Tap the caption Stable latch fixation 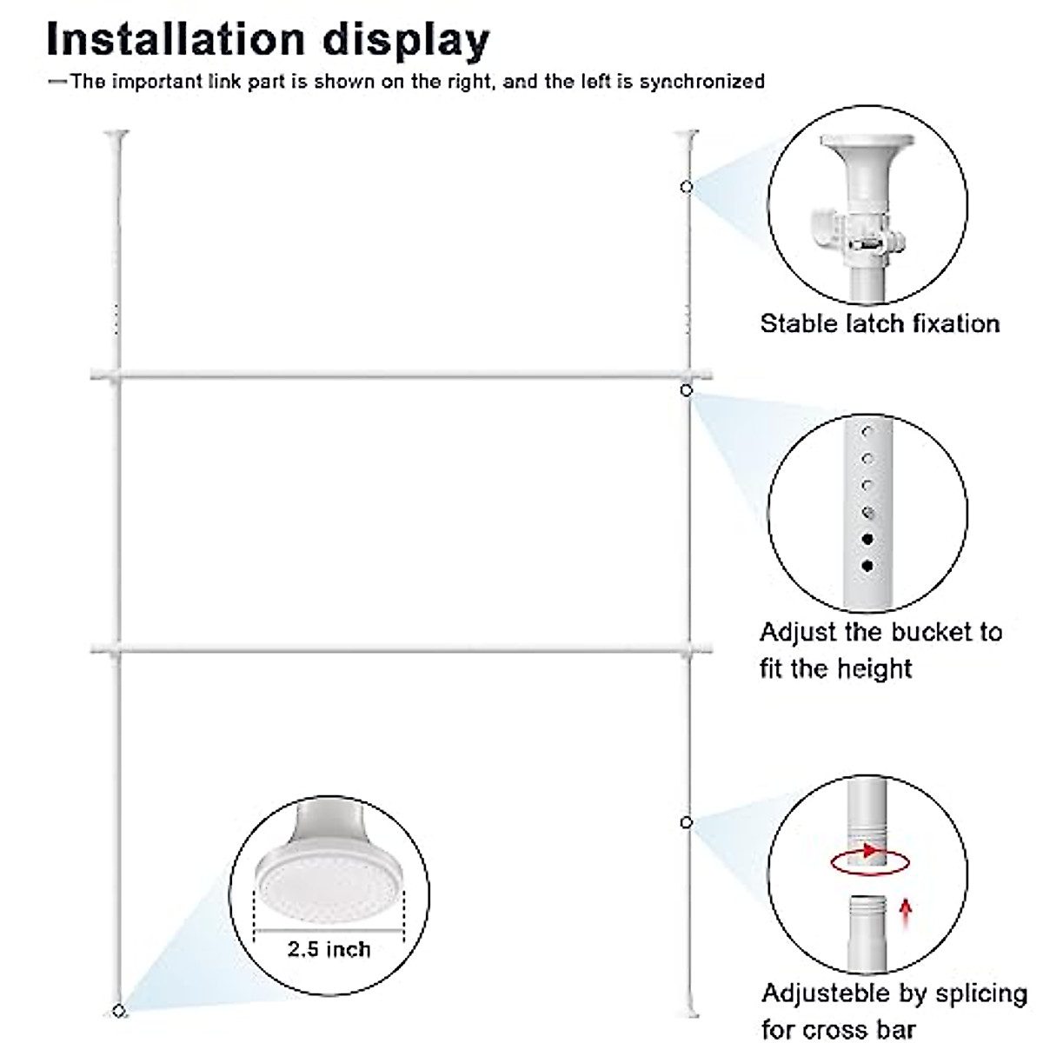click(880, 324)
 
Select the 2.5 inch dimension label click(329, 948)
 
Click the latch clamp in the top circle click(847, 231)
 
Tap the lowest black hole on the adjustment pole click(867, 566)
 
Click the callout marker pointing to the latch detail click(687, 187)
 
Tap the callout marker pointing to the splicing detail click(687, 822)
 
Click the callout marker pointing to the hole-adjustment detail click(687, 391)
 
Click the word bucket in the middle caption click(926, 632)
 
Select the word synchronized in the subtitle click(702, 82)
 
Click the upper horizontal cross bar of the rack click(400, 375)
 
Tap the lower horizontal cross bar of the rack click(400, 648)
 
